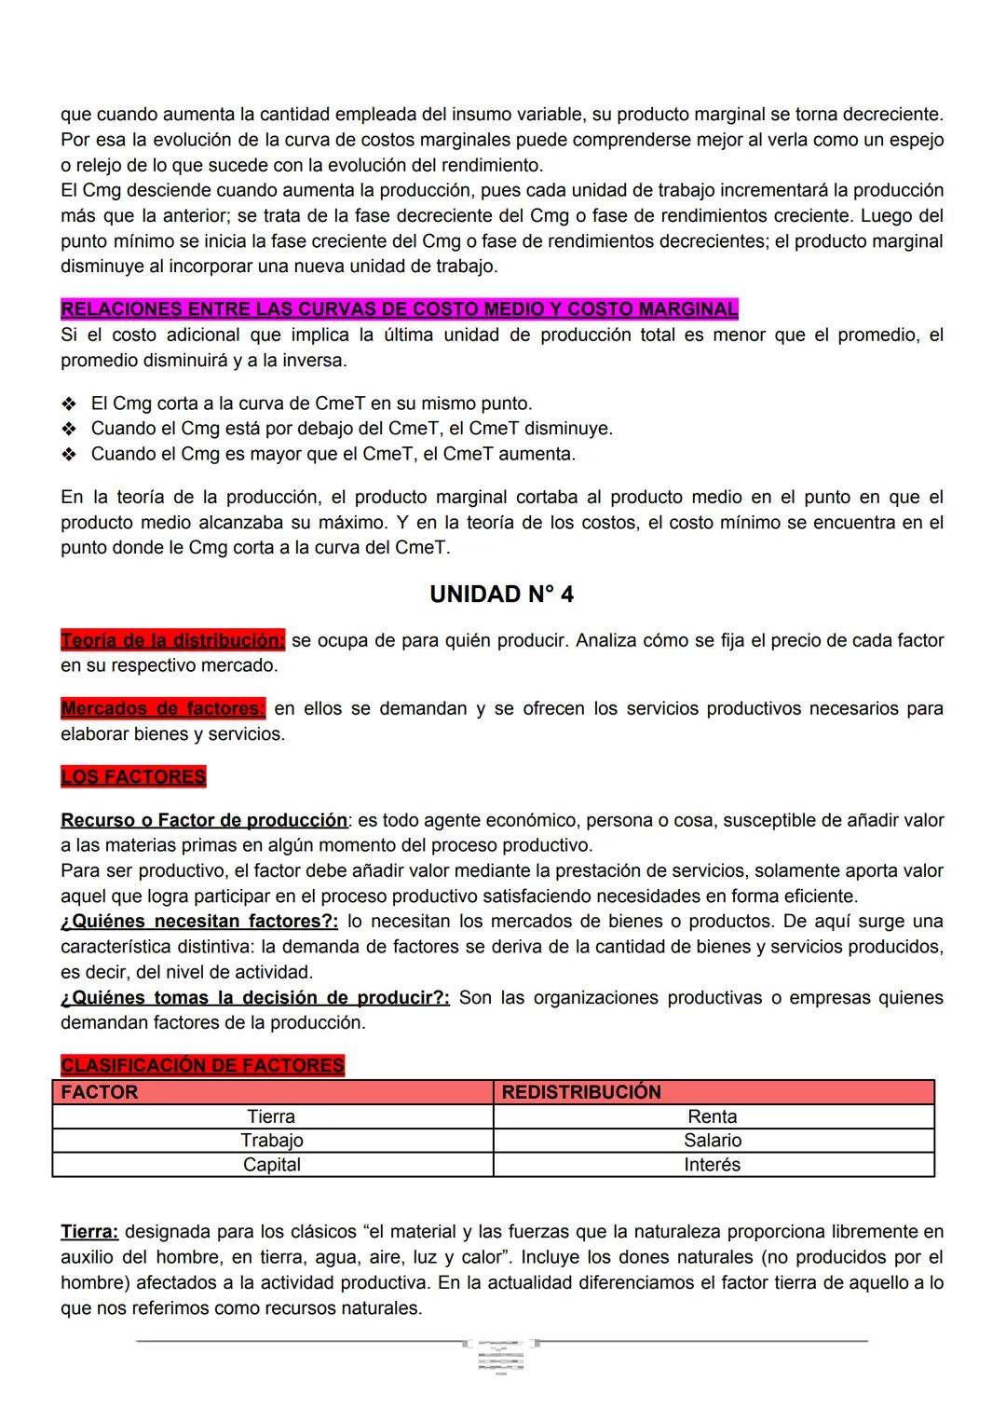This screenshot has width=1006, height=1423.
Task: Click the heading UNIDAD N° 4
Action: pos(501,595)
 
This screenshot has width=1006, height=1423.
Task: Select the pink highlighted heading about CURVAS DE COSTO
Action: pos(399,308)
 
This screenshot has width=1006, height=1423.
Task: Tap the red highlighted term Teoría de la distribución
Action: pos(172,640)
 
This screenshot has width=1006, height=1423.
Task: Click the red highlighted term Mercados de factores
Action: pos(162,708)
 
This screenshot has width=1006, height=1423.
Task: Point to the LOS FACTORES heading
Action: pos(133,776)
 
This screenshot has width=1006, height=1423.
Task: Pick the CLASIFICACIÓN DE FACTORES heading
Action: pos(202,1065)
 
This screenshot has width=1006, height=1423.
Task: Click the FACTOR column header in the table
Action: pos(100,1092)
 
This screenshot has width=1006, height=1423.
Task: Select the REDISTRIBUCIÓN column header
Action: pos(581,1092)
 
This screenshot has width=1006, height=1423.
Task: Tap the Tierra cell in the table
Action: pos(271,1116)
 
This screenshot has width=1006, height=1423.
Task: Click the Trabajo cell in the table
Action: pos(271,1141)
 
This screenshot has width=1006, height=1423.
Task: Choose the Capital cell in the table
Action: pos(271,1165)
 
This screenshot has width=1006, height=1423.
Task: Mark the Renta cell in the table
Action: pos(713,1116)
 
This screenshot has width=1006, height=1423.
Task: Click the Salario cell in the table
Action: pos(713,1141)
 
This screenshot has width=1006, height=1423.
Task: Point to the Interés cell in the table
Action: pos(713,1165)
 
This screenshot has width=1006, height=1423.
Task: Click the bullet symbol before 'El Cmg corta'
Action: pos(68,404)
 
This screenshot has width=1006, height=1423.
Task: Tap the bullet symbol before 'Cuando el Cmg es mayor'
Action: pos(68,455)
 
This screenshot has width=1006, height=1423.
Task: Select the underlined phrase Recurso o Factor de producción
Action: pos(203,820)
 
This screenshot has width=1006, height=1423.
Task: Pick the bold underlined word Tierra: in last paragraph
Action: pos(89,1232)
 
